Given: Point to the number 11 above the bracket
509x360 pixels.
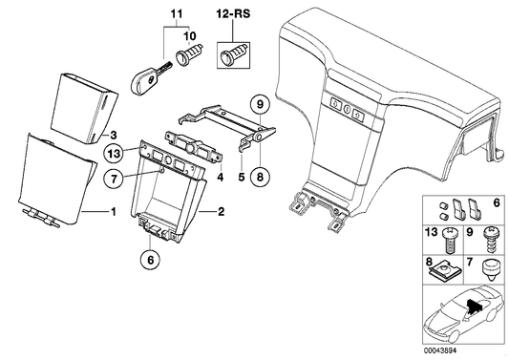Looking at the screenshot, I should coord(175,15).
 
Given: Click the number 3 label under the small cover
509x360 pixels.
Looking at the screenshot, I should coord(113,136).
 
